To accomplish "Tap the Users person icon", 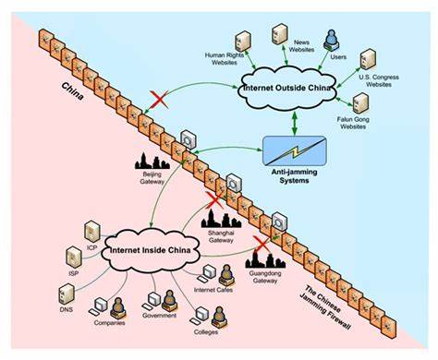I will (x=332, y=40).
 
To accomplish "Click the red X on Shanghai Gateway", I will (x=216, y=198).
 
